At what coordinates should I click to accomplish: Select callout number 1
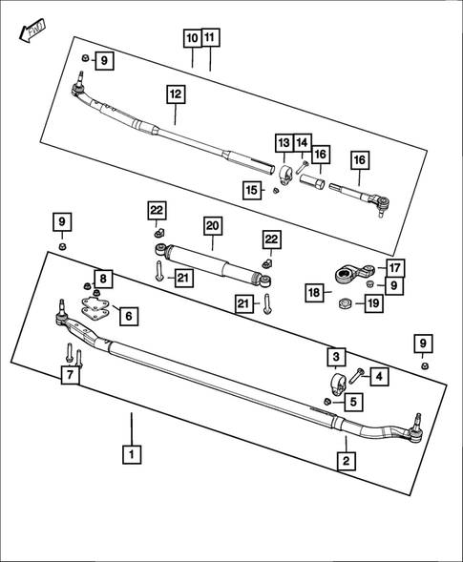pos(131,455)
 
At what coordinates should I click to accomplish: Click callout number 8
pos(103,279)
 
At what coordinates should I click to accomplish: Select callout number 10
pos(192,38)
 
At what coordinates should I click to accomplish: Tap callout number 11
pos(210,38)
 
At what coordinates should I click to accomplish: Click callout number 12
pos(175,94)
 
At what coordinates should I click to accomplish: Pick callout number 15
pos(251,191)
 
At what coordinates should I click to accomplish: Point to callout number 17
pos(395,268)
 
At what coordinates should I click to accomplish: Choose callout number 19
pos(373,303)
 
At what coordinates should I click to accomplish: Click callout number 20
pos(212,226)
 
